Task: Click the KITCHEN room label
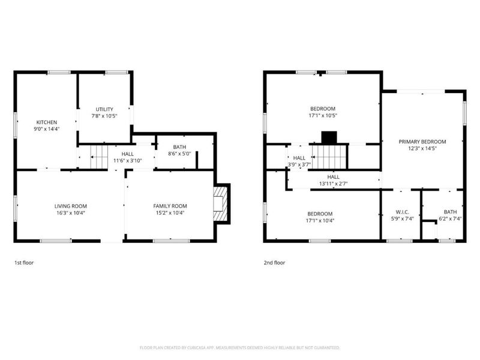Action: pos(46,122)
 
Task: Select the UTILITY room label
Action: pos(104,109)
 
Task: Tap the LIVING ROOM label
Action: pos(71,206)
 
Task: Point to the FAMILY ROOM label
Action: pos(170,206)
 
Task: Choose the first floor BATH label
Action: pos(179,147)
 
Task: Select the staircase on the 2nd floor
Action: pos(328,157)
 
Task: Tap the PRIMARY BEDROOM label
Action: pos(422,142)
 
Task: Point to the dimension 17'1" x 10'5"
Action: pos(323,115)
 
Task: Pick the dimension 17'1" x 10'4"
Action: pos(320,220)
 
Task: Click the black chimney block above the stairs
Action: pos(329,137)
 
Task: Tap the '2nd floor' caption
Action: pos(275,262)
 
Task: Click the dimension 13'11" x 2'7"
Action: pos(333,184)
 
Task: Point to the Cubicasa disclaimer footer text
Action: pos(240,347)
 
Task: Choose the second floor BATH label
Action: pos(450,212)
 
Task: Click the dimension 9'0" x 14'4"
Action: pos(46,128)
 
